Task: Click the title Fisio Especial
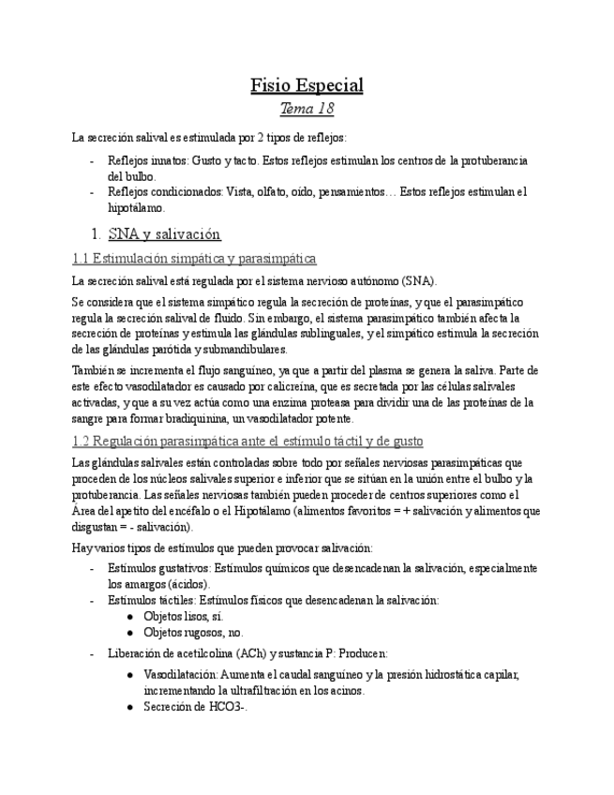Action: point(307,85)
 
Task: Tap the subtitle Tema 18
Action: point(307,110)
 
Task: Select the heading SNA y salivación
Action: point(164,234)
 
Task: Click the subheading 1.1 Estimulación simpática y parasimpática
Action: point(194,258)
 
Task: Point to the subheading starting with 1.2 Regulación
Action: point(247,441)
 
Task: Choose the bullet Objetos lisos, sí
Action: point(184,616)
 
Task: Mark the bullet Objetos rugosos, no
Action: point(193,633)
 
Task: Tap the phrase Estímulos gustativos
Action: point(158,568)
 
